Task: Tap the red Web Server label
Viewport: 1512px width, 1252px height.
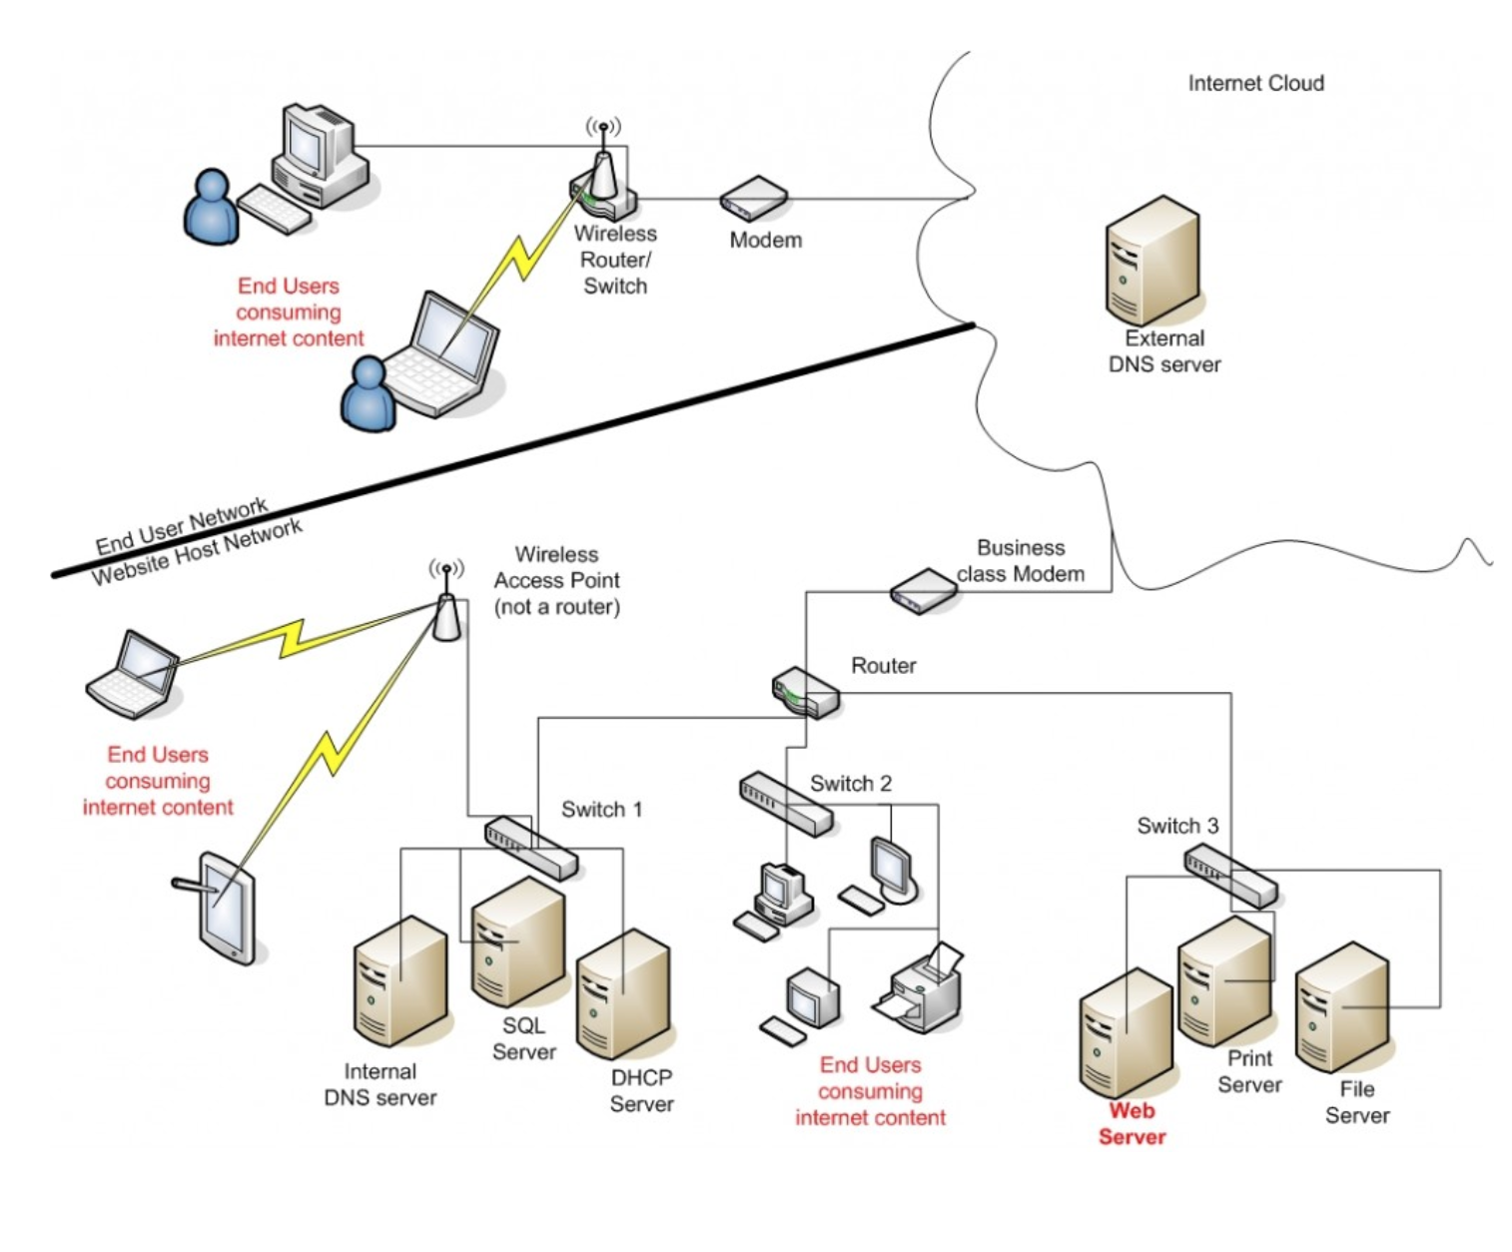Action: coord(1132,1123)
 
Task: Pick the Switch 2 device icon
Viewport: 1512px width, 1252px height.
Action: coord(785,803)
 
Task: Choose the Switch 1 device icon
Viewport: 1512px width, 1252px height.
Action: coord(530,848)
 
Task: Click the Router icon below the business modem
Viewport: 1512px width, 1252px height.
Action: coord(805,692)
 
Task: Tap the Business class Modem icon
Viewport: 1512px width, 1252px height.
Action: coord(923,591)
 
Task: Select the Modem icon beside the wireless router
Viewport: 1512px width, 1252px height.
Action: coord(754,199)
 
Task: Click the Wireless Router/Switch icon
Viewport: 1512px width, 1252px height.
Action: coord(602,185)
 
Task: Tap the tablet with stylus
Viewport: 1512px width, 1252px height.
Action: coord(225,907)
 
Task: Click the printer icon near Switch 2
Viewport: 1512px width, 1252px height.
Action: coord(921,988)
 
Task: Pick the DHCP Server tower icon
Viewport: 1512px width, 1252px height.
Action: coord(622,995)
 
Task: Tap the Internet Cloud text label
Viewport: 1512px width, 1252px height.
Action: coord(1255,84)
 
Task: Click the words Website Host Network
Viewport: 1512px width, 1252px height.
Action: coord(198,553)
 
